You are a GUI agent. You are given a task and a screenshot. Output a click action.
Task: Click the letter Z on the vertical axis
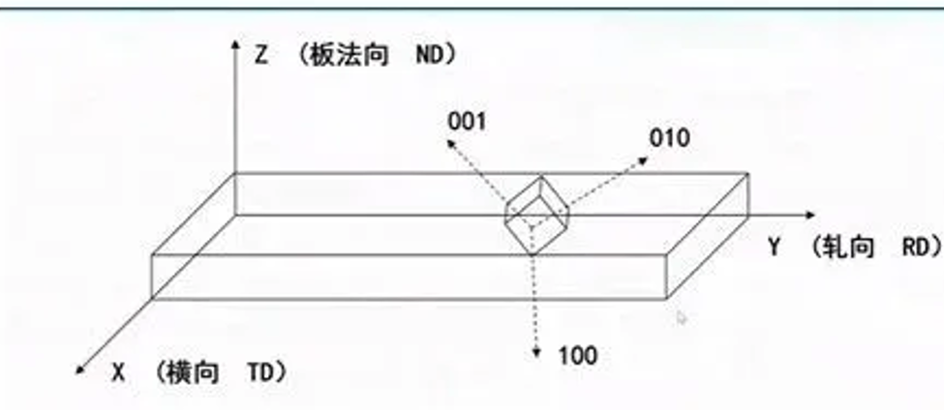[x=260, y=55]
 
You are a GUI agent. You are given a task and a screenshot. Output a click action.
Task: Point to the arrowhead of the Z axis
[x=236, y=45]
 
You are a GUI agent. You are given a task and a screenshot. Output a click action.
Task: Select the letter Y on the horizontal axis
[x=775, y=249]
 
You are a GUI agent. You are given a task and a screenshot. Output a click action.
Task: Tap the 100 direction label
[x=578, y=355]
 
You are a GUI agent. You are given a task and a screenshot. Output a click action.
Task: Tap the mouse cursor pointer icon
[x=682, y=317]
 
